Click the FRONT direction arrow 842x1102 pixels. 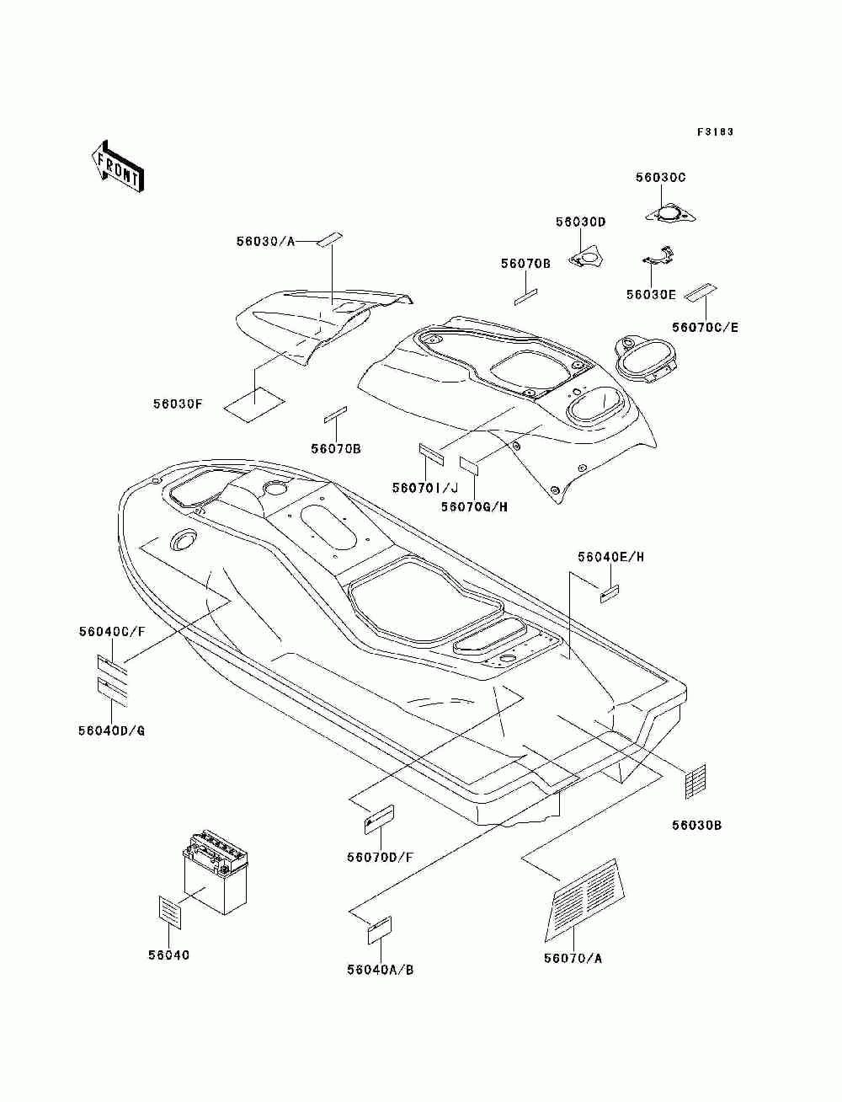point(117,165)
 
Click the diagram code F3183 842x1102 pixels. point(715,131)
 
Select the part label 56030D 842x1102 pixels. point(580,222)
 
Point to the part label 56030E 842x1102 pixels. point(651,294)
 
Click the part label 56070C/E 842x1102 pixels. point(705,327)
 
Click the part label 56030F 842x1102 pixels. point(178,404)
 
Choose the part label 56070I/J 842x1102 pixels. point(424,488)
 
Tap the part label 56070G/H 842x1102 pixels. point(475,506)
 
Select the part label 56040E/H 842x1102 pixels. point(610,557)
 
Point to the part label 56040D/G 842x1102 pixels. point(111,730)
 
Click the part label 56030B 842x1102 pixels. point(696,825)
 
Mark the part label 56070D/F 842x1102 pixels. point(380,857)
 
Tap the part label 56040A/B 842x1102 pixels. point(380,969)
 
